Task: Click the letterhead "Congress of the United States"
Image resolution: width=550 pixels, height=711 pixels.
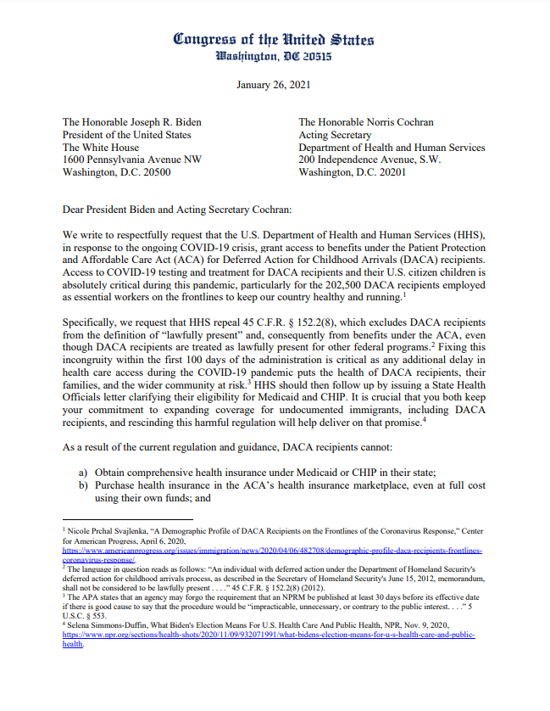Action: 273,39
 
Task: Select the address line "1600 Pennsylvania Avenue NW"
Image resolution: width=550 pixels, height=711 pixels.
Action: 132,159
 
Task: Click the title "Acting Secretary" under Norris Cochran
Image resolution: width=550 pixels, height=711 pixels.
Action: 335,134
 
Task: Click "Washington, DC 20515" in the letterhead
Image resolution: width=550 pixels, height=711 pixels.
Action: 273,58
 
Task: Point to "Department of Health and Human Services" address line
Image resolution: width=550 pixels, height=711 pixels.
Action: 392,147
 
